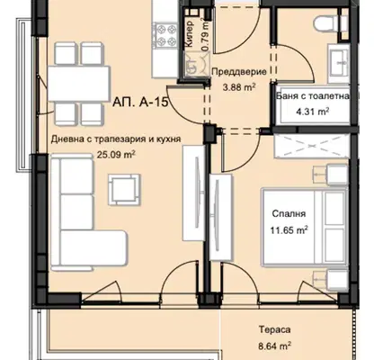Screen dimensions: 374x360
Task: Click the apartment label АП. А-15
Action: coord(140,103)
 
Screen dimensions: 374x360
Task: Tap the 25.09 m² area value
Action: coord(116,155)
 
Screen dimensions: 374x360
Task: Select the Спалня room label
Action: coord(289,214)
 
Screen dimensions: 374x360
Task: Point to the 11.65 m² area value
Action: coord(289,230)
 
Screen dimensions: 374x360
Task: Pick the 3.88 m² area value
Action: coord(239,87)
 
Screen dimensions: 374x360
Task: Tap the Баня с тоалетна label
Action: coord(313,96)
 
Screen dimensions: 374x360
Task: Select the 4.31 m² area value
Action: coord(313,112)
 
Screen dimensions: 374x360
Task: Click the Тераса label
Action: coord(275,329)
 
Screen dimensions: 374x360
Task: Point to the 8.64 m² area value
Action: coord(275,346)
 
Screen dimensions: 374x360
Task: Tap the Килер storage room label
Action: coord(190,33)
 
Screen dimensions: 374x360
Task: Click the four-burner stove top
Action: coord(164,35)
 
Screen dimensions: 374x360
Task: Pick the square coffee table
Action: coord(124,190)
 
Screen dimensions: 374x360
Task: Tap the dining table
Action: coord(79,84)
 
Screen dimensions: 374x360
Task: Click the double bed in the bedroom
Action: coord(305,227)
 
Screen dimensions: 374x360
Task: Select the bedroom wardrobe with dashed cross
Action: coord(312,146)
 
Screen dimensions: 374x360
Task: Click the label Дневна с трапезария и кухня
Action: coord(116,139)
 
